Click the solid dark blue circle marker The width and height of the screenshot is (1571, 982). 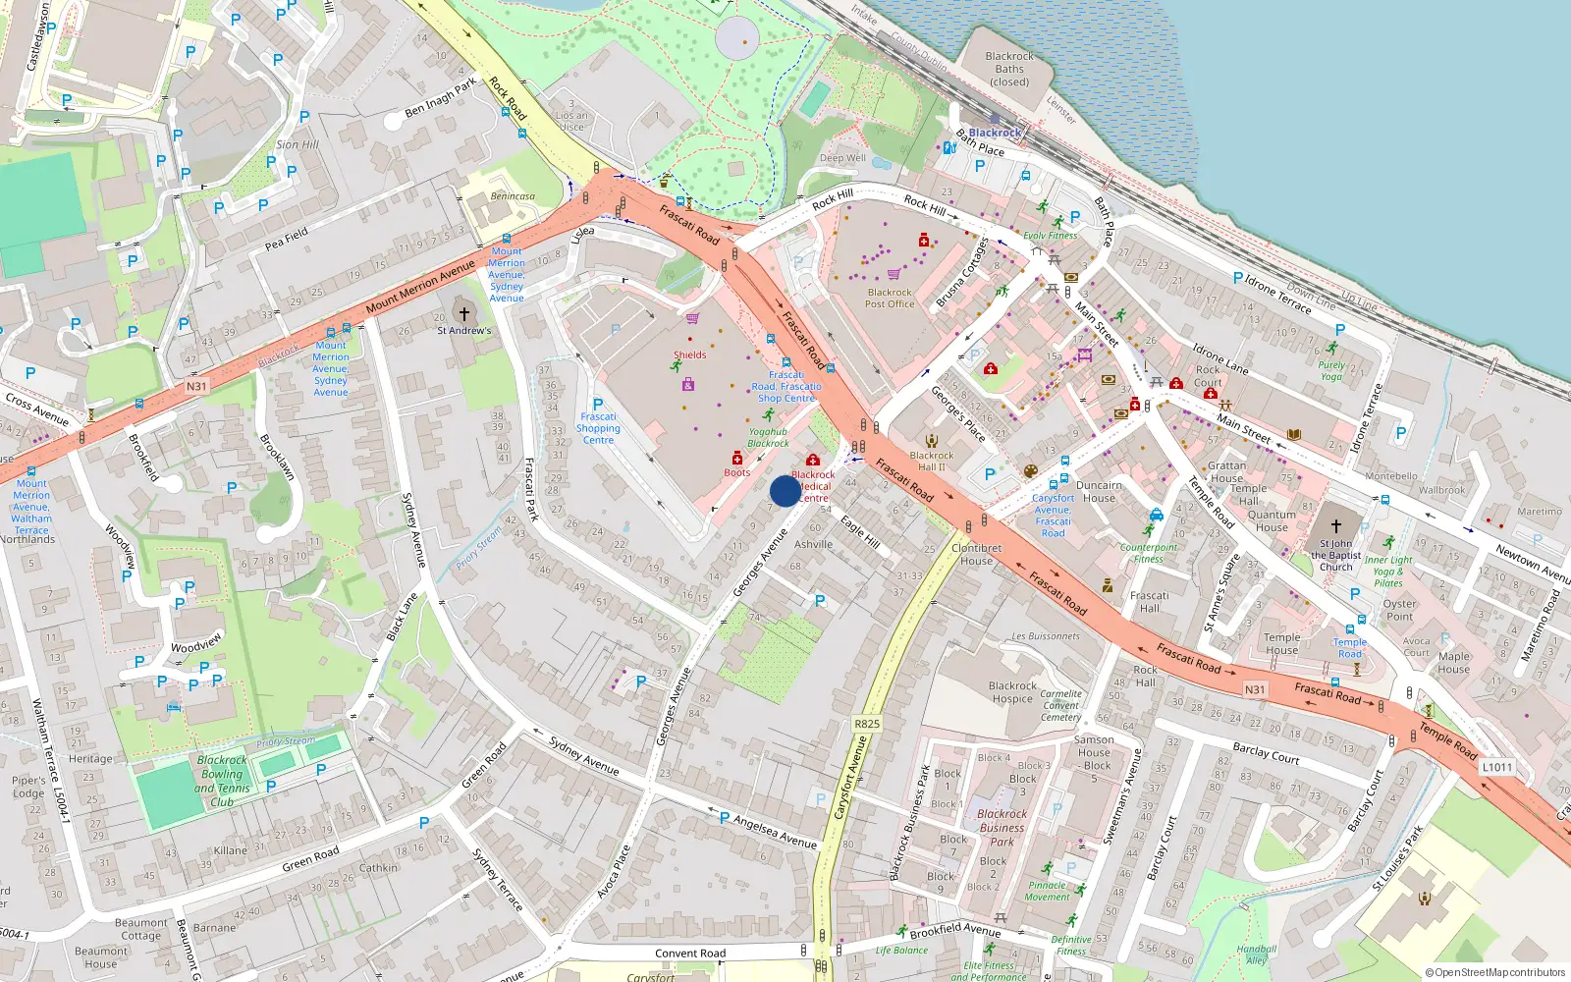tap(785, 491)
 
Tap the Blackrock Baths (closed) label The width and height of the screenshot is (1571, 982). tap(1009, 69)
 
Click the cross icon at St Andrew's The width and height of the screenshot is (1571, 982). tap(464, 314)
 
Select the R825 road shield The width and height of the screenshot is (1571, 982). tap(867, 724)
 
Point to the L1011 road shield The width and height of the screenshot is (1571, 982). tap(1497, 767)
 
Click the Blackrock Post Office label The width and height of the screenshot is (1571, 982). tap(890, 299)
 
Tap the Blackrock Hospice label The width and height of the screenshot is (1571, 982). tap(1012, 692)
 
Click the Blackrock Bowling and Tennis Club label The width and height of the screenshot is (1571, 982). tap(222, 781)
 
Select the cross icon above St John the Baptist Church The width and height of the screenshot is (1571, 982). tap(1335, 526)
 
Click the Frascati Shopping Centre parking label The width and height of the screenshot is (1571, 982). tap(598, 427)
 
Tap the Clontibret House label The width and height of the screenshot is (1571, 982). tap(976, 555)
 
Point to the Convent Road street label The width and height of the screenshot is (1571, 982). tap(690, 954)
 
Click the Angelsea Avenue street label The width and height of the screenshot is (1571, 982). tap(775, 833)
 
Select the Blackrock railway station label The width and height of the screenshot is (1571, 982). tap(995, 133)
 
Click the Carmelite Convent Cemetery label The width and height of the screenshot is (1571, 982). tap(1061, 705)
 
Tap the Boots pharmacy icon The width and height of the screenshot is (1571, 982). tap(737, 459)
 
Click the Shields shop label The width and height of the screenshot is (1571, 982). tap(689, 355)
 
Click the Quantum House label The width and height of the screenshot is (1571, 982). tap(1272, 520)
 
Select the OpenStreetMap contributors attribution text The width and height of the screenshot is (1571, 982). tap(1494, 972)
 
